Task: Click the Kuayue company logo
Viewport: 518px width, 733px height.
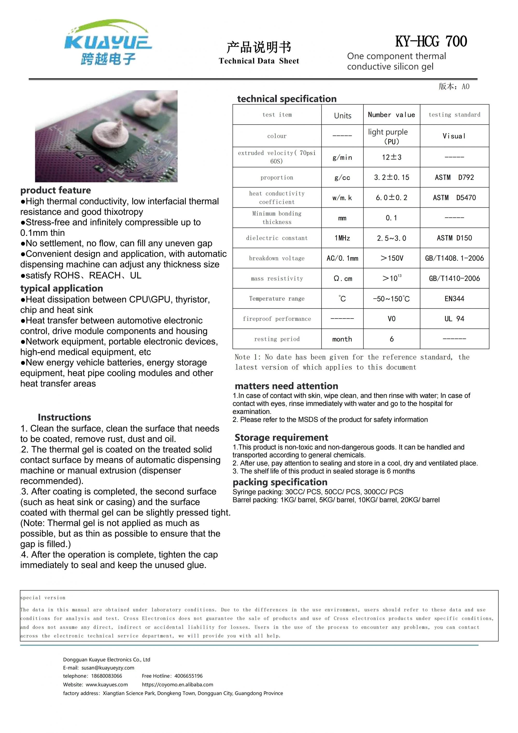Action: click(x=108, y=42)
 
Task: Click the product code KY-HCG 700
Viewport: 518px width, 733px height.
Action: click(x=431, y=41)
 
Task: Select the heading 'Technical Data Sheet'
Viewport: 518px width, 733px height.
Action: click(x=259, y=61)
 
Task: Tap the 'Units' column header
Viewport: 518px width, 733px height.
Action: click(x=343, y=116)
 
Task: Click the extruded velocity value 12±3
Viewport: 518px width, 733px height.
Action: click(x=391, y=157)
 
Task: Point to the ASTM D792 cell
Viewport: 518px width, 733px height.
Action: click(x=454, y=178)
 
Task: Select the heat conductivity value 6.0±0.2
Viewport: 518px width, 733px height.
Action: click(x=391, y=198)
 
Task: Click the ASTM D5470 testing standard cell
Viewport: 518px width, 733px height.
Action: click(x=454, y=198)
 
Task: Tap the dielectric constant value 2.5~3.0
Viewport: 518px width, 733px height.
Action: click(x=391, y=238)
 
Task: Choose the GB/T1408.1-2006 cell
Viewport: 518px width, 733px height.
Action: click(x=454, y=258)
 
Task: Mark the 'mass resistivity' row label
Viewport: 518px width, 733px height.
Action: click(x=277, y=279)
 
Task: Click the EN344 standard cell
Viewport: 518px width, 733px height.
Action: click(x=454, y=299)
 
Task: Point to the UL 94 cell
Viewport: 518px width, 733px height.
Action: click(x=454, y=319)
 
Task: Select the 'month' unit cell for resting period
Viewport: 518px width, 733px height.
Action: click(x=342, y=339)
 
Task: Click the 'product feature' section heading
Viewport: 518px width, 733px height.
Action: click(x=55, y=190)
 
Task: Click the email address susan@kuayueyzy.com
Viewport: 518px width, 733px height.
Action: click(x=108, y=668)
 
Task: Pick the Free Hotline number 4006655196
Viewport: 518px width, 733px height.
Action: click(x=188, y=676)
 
